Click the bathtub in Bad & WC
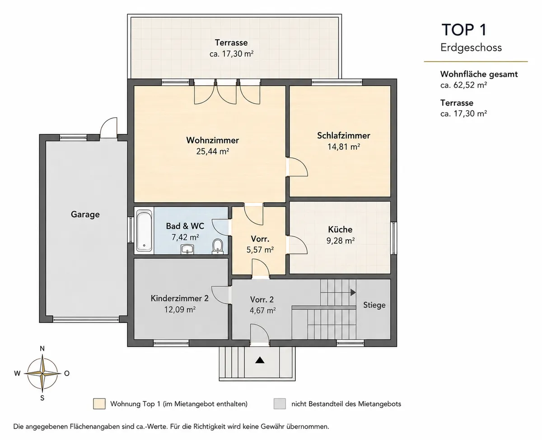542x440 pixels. coord(144,230)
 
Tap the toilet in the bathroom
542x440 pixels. coord(217,246)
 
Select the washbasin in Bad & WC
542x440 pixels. coord(187,249)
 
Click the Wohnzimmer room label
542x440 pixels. coord(212,140)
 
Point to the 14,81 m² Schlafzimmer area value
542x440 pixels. coord(344,147)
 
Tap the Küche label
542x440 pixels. coord(340,229)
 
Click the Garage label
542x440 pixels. coord(85,215)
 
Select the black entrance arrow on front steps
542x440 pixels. coord(260,360)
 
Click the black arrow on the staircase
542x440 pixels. coord(353,293)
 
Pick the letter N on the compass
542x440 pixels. coord(42,348)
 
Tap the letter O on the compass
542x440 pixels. coord(67,373)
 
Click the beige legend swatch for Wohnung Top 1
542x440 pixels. coord(99,403)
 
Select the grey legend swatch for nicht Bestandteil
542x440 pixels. coord(280,403)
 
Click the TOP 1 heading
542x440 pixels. coord(464,30)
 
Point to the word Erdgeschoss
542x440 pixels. coord(471,47)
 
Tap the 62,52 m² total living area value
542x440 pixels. coord(470,85)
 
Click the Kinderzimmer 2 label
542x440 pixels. coord(179,298)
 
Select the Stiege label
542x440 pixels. coord(374,305)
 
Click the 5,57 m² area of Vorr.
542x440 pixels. coord(260,250)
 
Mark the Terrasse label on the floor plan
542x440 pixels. coord(231,43)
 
